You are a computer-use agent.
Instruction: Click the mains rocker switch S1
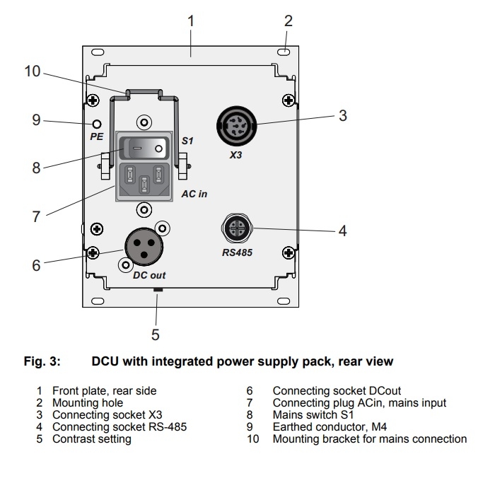[146, 148]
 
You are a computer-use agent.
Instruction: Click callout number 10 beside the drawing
[33, 72]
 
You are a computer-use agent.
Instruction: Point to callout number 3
[342, 116]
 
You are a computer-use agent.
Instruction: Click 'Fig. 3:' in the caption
[41, 361]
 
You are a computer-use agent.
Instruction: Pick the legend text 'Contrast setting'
[91, 439]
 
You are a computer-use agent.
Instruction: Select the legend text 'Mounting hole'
[88, 403]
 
